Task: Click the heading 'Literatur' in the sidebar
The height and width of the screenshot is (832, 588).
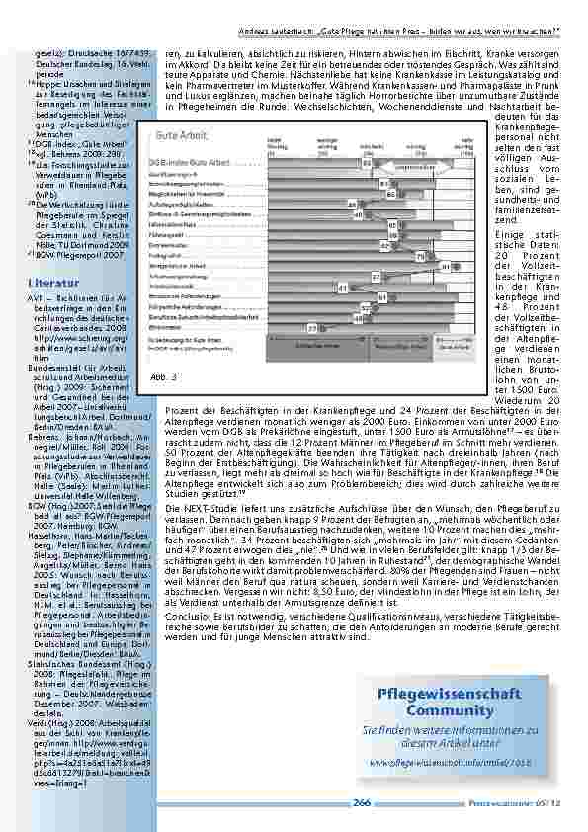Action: point(47,283)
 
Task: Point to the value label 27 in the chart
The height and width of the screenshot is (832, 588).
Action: point(313,327)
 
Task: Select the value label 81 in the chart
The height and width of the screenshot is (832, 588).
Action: point(445,267)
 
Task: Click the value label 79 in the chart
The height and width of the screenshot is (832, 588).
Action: point(421,256)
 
